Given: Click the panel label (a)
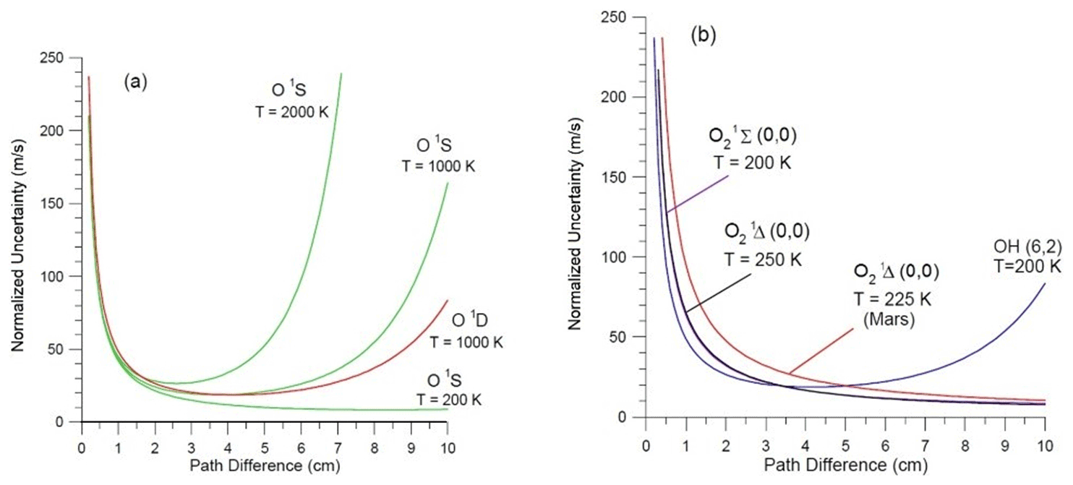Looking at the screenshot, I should coord(135,82).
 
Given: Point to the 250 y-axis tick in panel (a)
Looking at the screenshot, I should coord(65,59).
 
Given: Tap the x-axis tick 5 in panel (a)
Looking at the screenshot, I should coord(264,438).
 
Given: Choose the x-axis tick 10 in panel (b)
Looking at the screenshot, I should coord(1044,434).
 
